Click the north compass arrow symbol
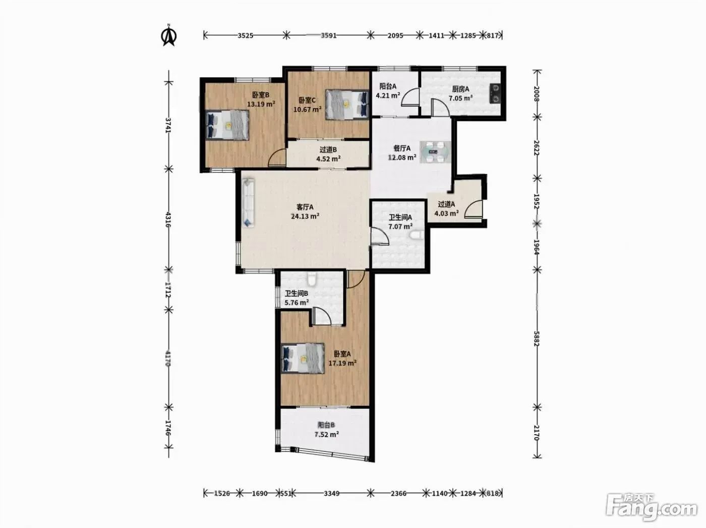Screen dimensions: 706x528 click(168, 35)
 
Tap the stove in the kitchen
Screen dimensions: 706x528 click(495, 93)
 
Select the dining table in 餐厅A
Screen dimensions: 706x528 click(435, 151)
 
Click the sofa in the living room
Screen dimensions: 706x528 click(248, 203)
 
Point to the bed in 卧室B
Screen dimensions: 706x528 click(227, 125)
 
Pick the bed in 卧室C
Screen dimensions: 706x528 click(347, 104)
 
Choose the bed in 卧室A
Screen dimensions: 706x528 click(303, 358)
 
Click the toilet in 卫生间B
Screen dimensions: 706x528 click(311, 279)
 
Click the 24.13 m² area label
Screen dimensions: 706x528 click(305, 216)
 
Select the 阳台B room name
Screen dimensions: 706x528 click(326, 425)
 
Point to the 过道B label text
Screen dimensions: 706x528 click(328, 150)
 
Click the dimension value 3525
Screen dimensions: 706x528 click(246, 35)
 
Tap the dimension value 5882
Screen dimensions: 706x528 click(536, 339)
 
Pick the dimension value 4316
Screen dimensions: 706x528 click(167, 220)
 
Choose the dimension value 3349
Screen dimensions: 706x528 click(332, 493)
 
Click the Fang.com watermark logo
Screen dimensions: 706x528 click(652, 510)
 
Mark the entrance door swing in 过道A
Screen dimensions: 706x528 click(474, 209)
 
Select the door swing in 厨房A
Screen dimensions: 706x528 click(440, 107)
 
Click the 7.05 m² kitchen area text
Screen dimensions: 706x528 click(460, 98)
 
